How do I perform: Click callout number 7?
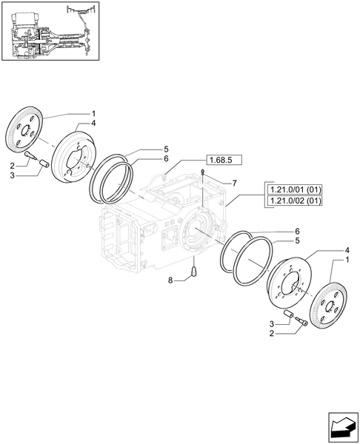tap(233, 183)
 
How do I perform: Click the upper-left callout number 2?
tap(13, 166)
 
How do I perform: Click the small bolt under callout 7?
tap(202, 172)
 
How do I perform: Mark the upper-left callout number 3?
tap(13, 176)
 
